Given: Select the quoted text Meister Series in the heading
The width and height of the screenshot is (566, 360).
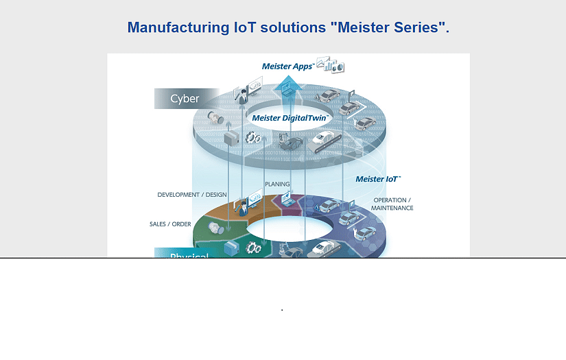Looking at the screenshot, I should (388, 27).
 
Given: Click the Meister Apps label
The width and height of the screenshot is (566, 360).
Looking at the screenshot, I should (287, 67).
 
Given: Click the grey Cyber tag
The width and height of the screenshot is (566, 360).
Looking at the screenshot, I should (185, 99).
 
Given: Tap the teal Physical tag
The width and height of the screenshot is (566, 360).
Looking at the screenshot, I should (189, 255).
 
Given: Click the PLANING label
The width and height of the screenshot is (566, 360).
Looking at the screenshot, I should (277, 184).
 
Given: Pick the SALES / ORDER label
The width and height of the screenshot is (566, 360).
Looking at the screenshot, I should (170, 224).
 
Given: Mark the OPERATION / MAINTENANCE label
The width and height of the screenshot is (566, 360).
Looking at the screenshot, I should (392, 204).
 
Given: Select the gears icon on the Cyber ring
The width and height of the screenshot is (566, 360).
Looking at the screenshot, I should (253, 137).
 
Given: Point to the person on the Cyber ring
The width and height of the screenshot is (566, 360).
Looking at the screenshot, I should (241, 97).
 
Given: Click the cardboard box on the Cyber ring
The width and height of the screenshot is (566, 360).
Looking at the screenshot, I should (231, 137).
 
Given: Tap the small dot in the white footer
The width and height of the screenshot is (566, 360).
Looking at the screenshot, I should (282, 310).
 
